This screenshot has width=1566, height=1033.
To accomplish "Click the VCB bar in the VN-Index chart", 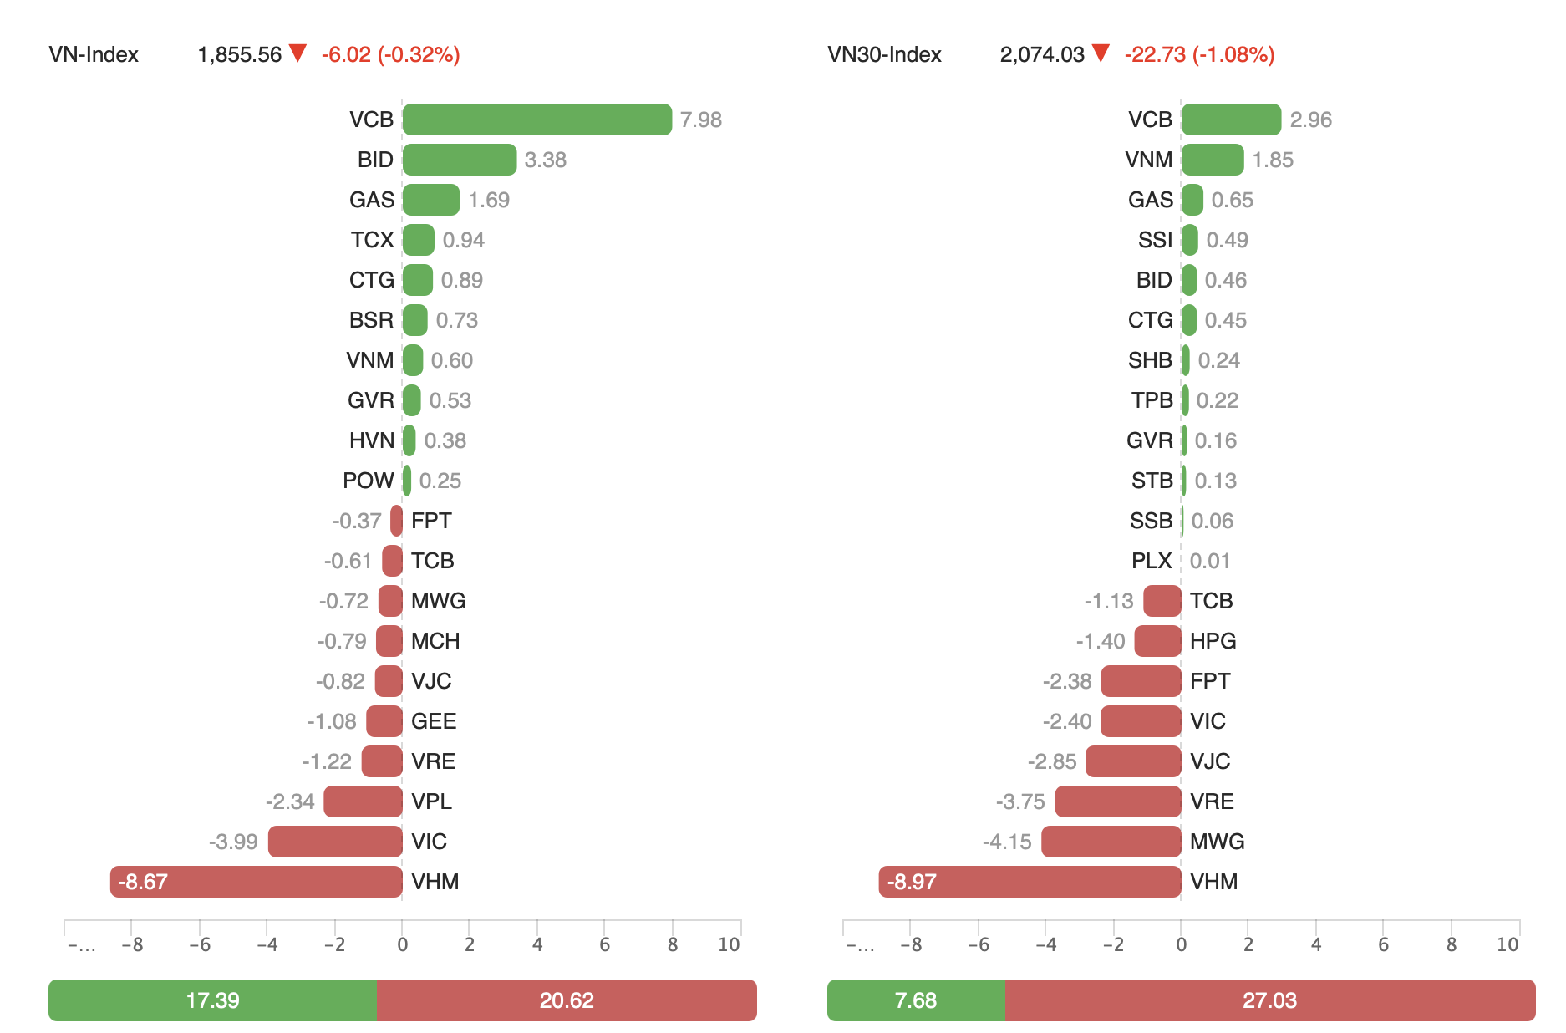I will [x=536, y=120].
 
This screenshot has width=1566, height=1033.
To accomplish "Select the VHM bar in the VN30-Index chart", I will [x=1030, y=882].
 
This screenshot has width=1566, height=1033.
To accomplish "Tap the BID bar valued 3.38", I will [x=460, y=160].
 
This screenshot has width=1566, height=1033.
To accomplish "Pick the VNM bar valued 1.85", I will [x=1213, y=160].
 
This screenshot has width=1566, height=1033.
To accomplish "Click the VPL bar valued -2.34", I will [x=363, y=801].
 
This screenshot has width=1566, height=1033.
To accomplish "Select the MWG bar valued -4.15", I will [x=1111, y=842].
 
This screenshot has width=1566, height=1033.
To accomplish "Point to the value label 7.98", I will [x=700, y=120].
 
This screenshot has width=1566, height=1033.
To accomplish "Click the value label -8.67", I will [x=143, y=882].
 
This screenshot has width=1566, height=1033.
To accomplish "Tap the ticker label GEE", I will [x=434, y=721].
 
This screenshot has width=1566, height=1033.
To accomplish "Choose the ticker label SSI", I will [x=1155, y=240].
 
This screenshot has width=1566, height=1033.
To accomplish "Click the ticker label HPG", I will [x=1213, y=641].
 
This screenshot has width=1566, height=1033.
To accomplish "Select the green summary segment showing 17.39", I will [x=212, y=1000].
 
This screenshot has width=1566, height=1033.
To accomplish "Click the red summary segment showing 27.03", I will [x=1269, y=1000].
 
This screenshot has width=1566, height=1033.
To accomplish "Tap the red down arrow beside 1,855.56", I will [x=297, y=53].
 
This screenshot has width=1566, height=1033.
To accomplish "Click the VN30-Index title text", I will [x=884, y=54].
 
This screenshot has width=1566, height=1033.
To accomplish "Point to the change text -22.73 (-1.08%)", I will [x=1199, y=54].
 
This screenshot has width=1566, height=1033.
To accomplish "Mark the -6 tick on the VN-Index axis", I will [x=199, y=944].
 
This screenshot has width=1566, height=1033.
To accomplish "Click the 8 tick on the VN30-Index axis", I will [x=1452, y=944].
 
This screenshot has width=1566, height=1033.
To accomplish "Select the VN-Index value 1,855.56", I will [x=240, y=54].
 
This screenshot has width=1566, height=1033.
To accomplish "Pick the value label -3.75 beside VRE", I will [x=1020, y=801].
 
